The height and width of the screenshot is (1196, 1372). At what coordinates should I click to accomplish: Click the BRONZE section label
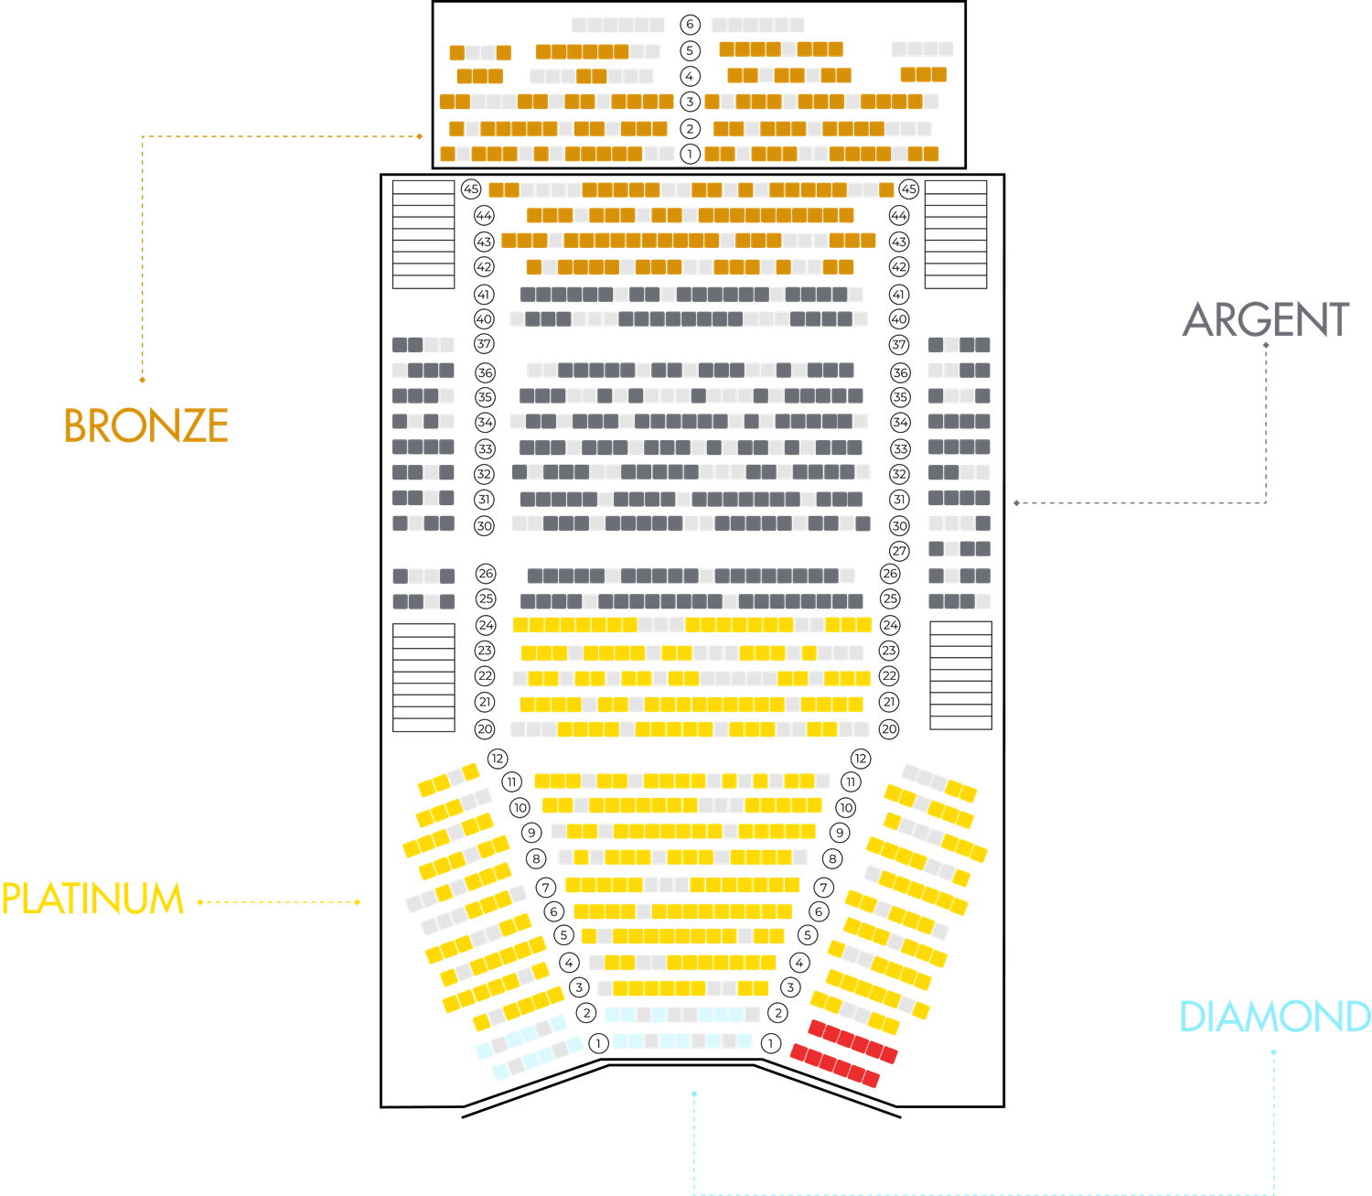point(145,426)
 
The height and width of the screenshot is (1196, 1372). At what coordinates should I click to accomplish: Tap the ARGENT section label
point(1265,320)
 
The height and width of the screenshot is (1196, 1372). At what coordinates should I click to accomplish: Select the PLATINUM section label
point(92,899)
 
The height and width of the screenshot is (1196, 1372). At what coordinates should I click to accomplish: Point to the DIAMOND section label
point(1274,1017)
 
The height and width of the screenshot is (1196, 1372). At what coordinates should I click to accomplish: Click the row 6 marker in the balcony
point(690,25)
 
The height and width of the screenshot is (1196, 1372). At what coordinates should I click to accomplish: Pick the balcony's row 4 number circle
point(690,75)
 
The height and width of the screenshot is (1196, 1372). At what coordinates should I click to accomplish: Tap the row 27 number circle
point(901,551)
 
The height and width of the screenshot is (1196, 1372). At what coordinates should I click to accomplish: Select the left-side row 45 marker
point(471,189)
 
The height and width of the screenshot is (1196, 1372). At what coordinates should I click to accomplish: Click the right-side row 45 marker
point(908,189)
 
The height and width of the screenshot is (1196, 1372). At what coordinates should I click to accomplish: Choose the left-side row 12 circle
point(498,759)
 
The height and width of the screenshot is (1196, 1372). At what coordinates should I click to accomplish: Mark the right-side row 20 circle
point(888,729)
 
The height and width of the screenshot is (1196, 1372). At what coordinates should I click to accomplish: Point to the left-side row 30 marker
point(485,525)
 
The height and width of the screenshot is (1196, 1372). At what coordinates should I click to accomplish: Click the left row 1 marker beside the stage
point(598,1042)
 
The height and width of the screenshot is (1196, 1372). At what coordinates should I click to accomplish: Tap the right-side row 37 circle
point(900,345)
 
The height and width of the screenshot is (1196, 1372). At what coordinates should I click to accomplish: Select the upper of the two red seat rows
point(852,1041)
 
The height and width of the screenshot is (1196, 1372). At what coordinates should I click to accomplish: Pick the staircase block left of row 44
point(423,234)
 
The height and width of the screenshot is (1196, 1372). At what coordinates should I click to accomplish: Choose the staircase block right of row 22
point(959,675)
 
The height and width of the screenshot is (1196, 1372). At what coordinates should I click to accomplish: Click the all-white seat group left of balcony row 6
point(617,25)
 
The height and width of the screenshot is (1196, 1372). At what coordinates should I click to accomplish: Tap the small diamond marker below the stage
point(694,1093)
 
